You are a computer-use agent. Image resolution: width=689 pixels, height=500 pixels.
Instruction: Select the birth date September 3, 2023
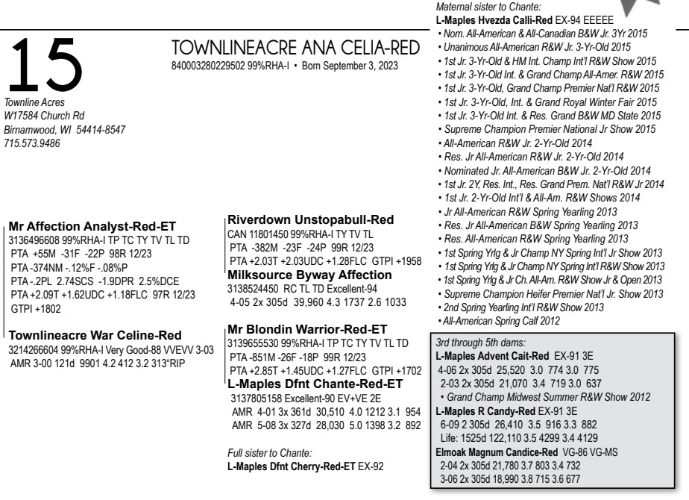pos(359,66)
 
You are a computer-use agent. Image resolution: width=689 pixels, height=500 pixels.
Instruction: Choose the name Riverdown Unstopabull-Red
pos(310,219)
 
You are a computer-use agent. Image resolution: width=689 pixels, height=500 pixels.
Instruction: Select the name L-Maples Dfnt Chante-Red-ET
pos(315,384)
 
